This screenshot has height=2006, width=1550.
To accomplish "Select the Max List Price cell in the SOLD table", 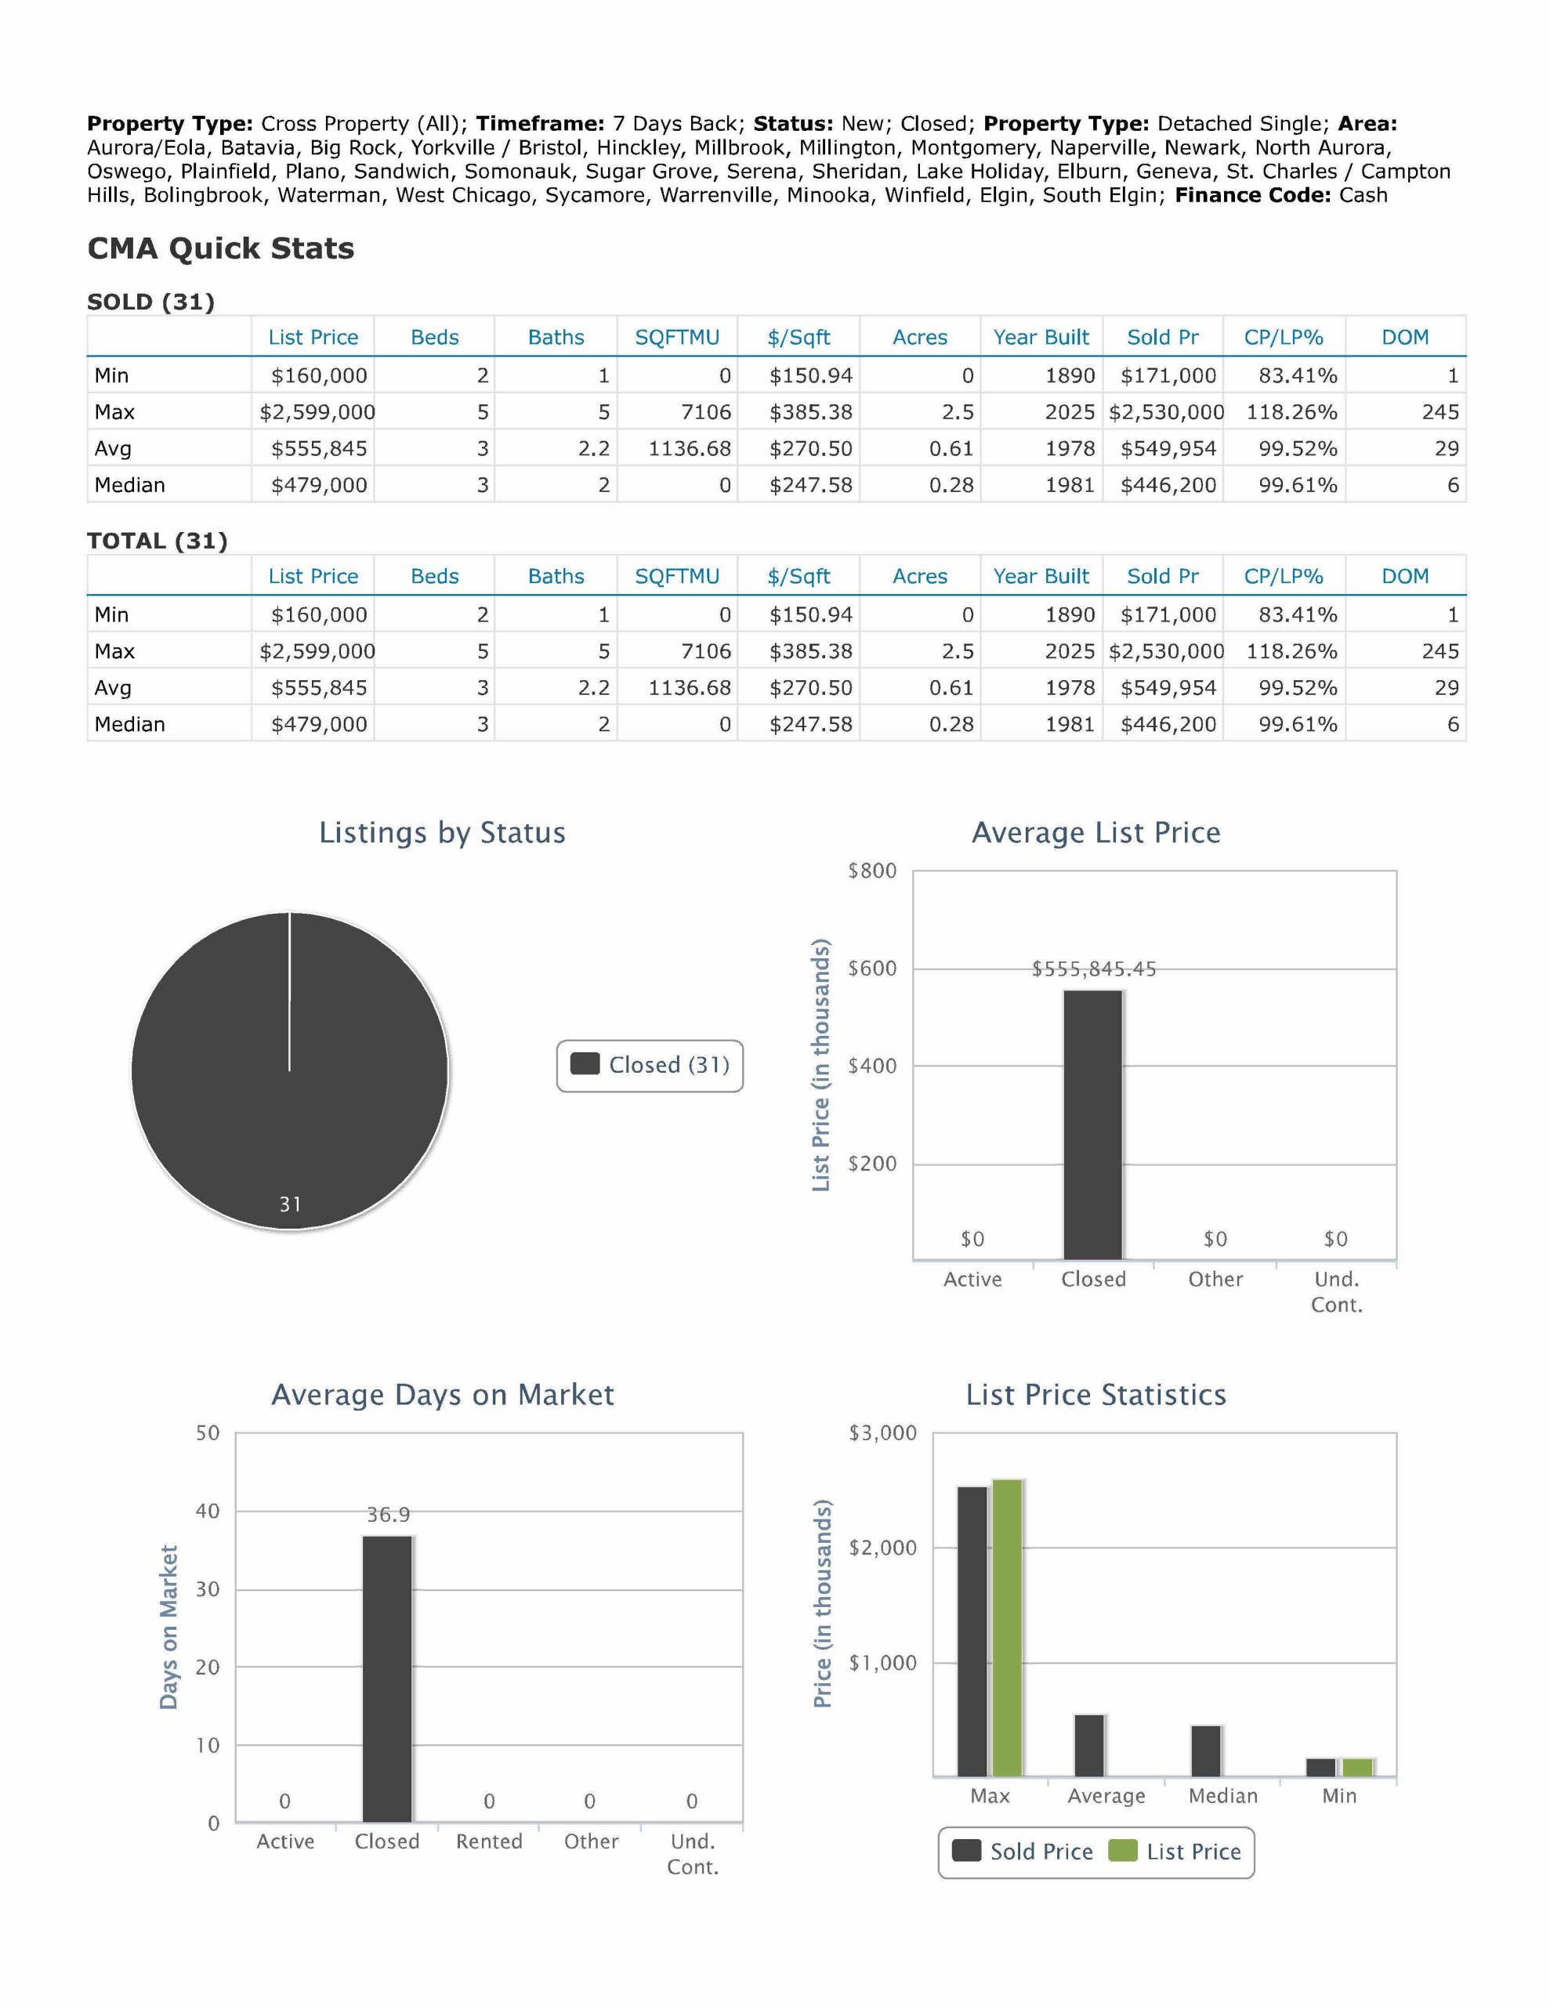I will coord(317,412).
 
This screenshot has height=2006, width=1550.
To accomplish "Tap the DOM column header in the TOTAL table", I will coord(1405,577).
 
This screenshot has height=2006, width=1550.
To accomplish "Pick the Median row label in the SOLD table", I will coord(129,485).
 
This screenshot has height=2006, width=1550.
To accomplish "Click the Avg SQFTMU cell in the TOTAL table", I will coord(689,688).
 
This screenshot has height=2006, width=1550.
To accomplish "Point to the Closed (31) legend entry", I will coord(650,1066).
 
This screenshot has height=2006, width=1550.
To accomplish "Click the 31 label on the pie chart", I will coord(291,1204).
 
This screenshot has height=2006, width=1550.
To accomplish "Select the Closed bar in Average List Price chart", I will coord(1092,1124).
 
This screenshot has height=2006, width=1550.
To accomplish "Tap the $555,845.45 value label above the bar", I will coord(1093,969).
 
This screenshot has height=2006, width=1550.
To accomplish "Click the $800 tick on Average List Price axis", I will coord(872,871).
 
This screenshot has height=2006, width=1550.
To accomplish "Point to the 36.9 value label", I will coord(388,1515).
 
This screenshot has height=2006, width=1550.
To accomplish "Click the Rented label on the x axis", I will coord(489,1841).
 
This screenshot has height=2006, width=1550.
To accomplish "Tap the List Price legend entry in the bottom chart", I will coord(1176,1852).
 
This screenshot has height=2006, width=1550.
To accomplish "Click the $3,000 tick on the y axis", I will coord(882,1433).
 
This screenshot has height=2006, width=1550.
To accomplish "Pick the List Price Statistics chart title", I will coord(1096,1396).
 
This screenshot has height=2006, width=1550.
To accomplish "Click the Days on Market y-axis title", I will coord(168,1627).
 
